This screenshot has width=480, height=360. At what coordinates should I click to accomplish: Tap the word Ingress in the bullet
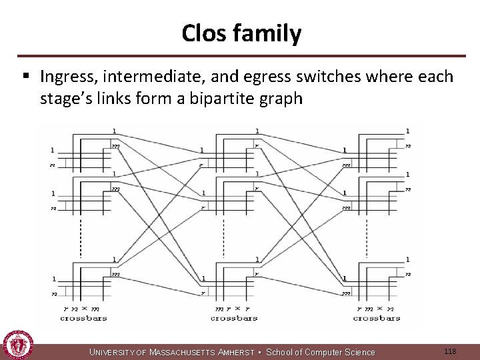tap(66, 77)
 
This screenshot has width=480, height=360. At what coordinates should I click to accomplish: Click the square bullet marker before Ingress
tap(26, 77)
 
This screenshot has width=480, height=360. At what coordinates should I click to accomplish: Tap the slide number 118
tap(450, 351)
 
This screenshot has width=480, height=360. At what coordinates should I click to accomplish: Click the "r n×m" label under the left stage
tap(81, 309)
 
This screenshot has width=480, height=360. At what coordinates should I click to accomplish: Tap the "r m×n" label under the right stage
tap(377, 309)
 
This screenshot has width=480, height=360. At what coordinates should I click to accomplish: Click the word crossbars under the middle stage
tap(233, 318)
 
